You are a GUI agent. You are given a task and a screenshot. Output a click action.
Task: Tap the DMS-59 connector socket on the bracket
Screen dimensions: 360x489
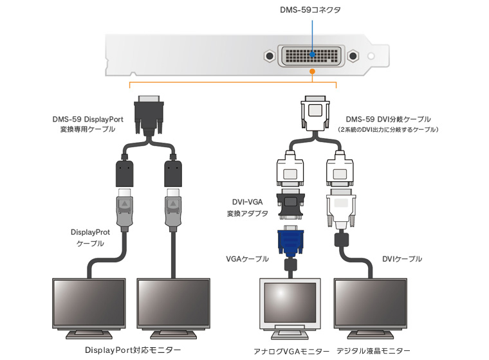tap(311, 57)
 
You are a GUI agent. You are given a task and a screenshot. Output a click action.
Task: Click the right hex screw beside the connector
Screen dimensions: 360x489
tap(353, 57)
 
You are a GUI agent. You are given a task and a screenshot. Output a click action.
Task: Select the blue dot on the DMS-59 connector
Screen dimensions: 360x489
tap(312, 55)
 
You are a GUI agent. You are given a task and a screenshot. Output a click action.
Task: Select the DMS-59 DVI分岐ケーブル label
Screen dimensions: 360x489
tap(388, 119)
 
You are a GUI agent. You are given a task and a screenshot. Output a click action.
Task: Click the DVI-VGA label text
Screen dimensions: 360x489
tap(246, 201)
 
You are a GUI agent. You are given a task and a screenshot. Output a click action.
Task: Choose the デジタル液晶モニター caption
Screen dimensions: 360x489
tap(374, 351)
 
